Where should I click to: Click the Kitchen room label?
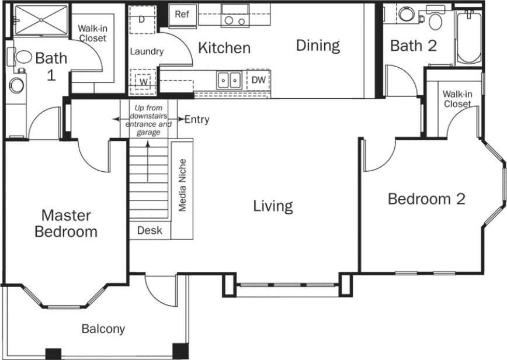pyautogui.click(x=224, y=48)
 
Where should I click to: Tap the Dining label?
pyautogui.click(x=317, y=46)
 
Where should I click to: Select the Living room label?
pyautogui.click(x=273, y=206)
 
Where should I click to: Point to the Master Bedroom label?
pyautogui.click(x=65, y=223)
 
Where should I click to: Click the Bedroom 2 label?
pyautogui.click(x=426, y=199)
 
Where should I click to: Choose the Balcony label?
pyautogui.click(x=103, y=329)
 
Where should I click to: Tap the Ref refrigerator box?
pyautogui.click(x=182, y=15)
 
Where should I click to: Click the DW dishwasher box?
pyautogui.click(x=258, y=79)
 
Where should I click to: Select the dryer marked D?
pyautogui.click(x=141, y=19)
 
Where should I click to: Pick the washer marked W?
pyautogui.click(x=143, y=81)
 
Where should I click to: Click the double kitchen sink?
pyautogui.click(x=229, y=79)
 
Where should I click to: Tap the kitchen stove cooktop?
pyautogui.click(x=235, y=16)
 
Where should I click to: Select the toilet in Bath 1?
pyautogui.click(x=22, y=58)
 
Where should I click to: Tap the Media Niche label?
pyautogui.click(x=182, y=185)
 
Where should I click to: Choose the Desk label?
pyautogui.click(x=150, y=231)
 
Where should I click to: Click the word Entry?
pyautogui.click(x=197, y=120)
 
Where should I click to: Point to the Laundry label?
pyautogui.click(x=147, y=52)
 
